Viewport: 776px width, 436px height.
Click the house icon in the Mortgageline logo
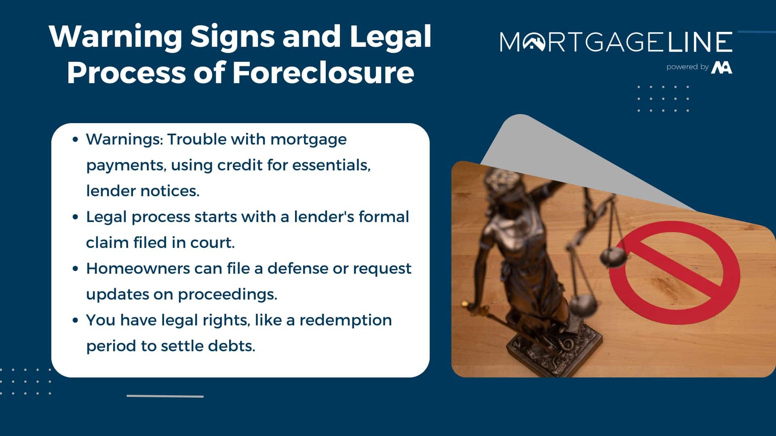click(534, 42)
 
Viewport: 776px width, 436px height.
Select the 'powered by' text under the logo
click(687, 67)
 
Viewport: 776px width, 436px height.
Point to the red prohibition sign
click(675, 272)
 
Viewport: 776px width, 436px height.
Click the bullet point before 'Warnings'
click(75, 140)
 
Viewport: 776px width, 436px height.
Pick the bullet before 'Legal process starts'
click(75, 217)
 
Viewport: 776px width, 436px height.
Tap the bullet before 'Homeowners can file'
click(75, 269)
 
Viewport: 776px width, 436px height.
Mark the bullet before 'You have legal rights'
click(75, 321)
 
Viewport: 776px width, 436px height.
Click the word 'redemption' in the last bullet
click(346, 321)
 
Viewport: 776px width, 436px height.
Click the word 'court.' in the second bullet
click(213, 243)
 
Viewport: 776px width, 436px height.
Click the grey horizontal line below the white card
click(165, 396)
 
